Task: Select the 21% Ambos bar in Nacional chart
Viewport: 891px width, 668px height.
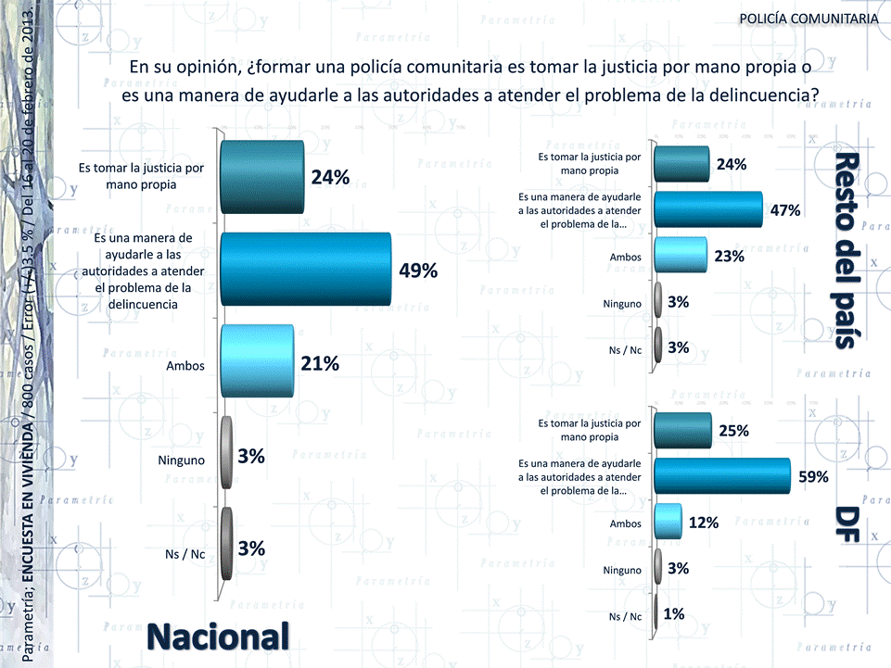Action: pos(257,362)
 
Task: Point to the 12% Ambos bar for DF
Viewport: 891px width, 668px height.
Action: pos(668,522)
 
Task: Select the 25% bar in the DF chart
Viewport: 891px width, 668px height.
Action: pos(682,431)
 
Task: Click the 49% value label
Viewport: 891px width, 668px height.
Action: pos(418,271)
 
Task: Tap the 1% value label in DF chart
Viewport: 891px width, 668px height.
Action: pos(674,613)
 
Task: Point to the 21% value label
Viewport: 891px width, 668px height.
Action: pos(320,364)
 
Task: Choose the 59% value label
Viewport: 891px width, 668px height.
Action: pos(813,476)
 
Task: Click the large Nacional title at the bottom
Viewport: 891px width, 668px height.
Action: pos(218,636)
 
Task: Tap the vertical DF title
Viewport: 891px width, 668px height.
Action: pos(845,523)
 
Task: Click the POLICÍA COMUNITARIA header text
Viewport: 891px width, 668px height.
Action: pos(808,19)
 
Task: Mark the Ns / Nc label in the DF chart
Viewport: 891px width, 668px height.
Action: pos(626,616)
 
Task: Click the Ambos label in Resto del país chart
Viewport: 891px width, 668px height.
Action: pos(626,257)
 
